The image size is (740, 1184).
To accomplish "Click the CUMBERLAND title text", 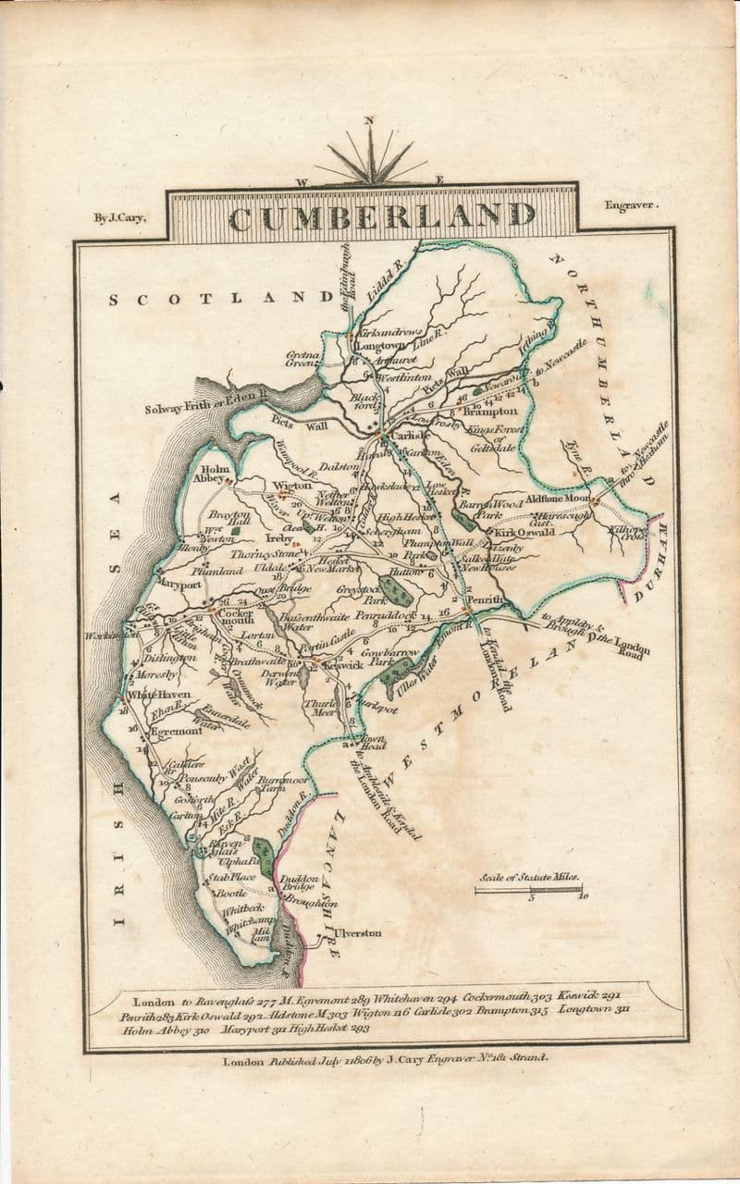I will click(381, 216).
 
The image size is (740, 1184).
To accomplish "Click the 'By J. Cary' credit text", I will click(119, 218).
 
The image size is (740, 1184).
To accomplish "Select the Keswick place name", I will click(342, 665).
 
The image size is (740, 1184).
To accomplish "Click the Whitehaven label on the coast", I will click(159, 695).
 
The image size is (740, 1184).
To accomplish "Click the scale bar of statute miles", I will click(528, 890).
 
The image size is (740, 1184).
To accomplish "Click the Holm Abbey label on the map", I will click(208, 474).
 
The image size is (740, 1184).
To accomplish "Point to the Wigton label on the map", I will click(288, 485).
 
